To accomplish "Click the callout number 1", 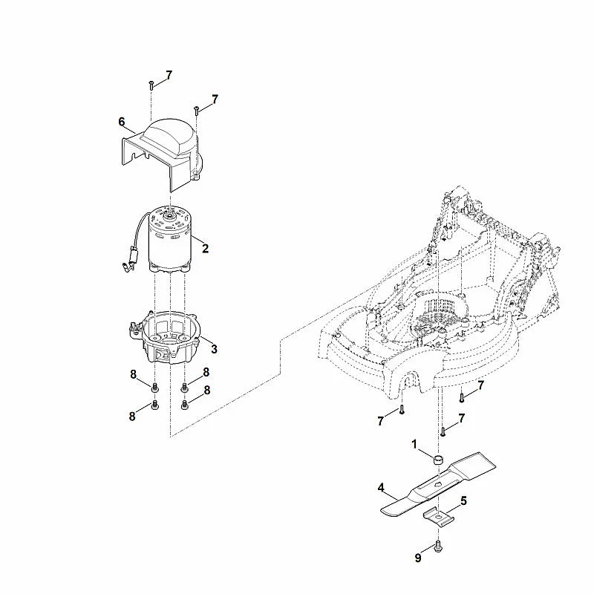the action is point(414,444).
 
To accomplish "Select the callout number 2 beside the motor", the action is point(205,249).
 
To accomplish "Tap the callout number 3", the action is point(214,349).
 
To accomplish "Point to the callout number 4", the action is point(381,488).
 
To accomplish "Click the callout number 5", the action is point(463,501).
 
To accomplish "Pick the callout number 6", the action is point(122,122).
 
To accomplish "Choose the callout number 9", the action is point(418,558).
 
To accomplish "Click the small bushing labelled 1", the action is point(438,460).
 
